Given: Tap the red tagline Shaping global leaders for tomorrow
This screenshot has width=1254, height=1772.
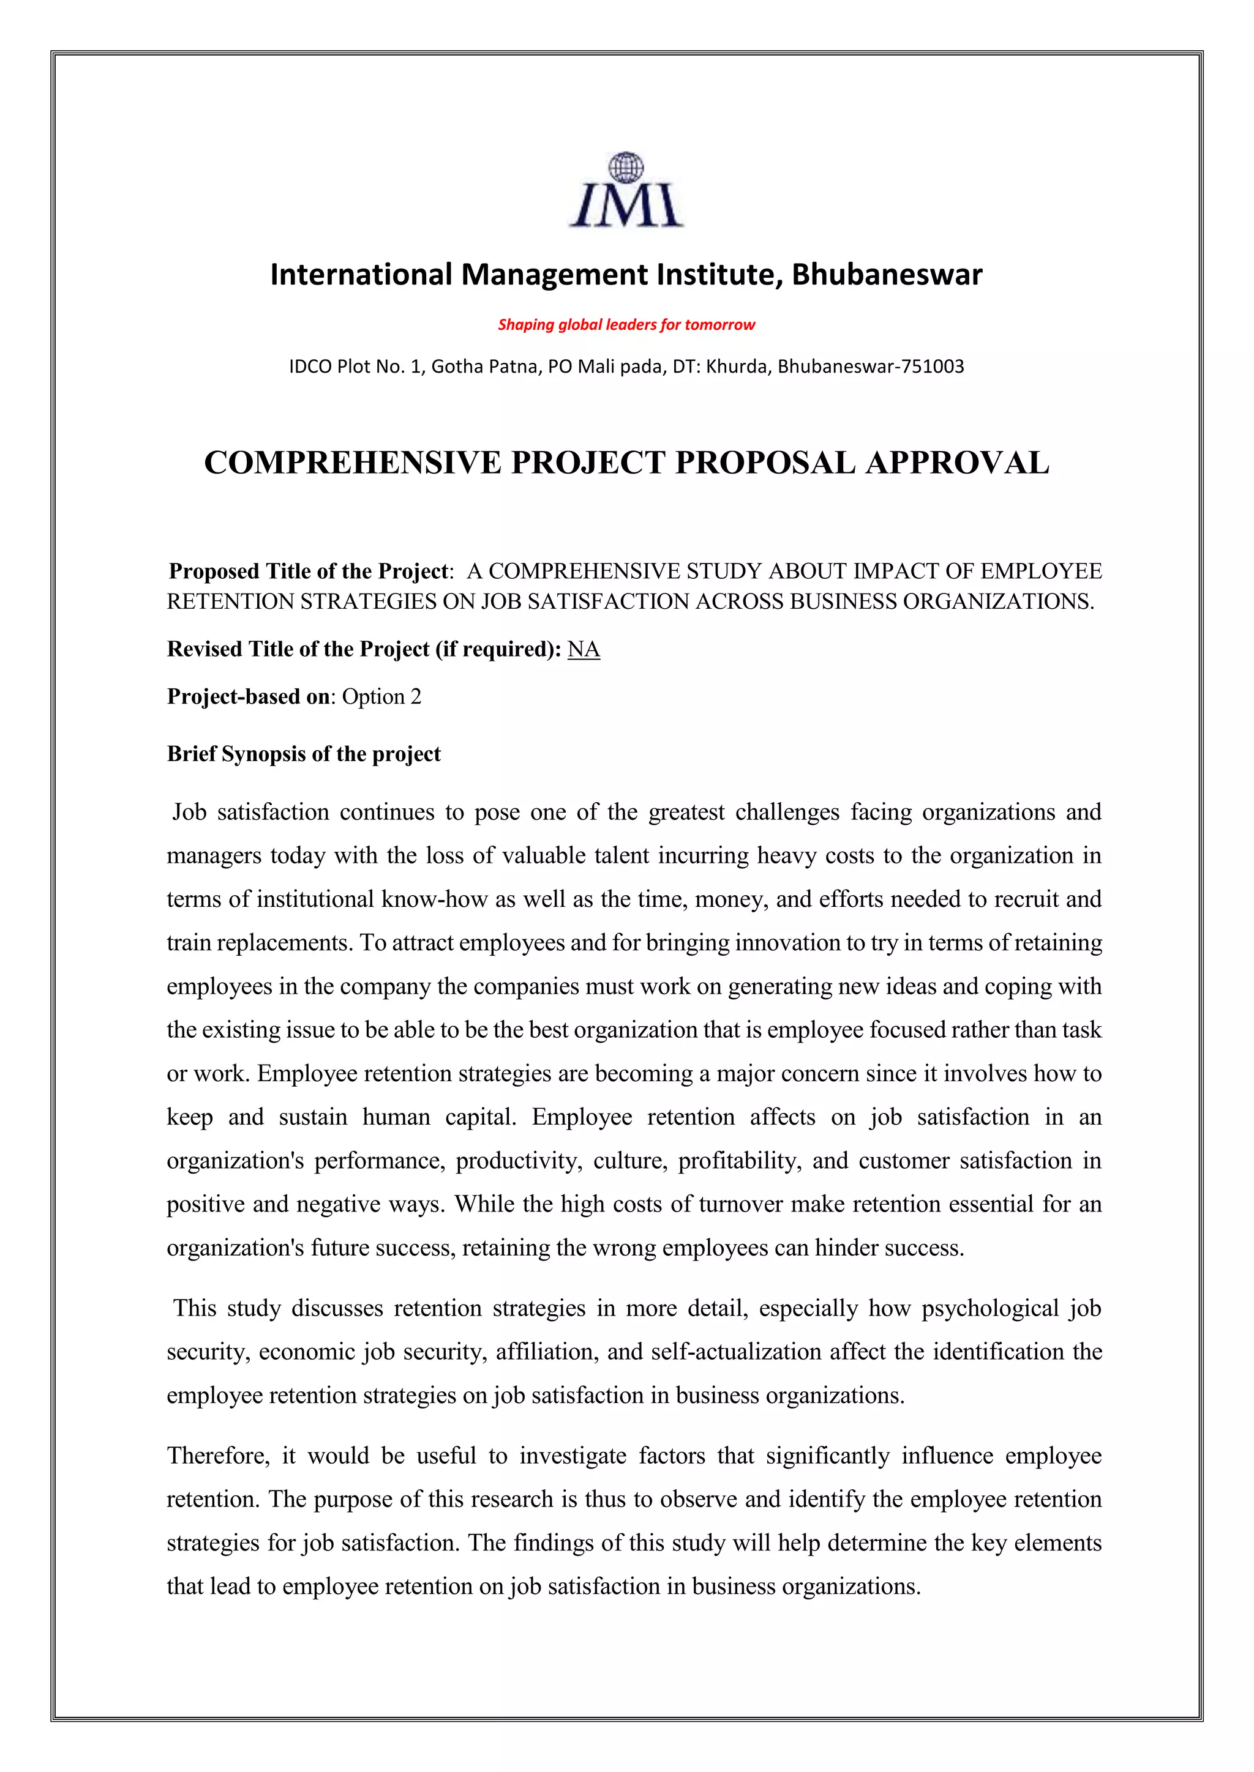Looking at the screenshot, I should tap(626, 325).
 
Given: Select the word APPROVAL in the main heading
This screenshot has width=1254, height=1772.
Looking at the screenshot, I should tap(958, 463).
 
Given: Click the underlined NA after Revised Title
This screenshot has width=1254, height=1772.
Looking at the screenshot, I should tap(583, 650).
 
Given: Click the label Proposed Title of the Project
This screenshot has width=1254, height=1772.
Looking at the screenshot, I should tap(308, 571).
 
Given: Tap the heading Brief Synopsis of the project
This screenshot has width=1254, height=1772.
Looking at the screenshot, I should tap(304, 754).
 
